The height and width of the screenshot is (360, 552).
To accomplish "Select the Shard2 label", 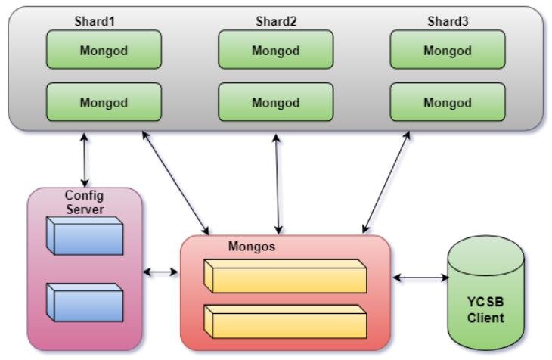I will click(x=275, y=21).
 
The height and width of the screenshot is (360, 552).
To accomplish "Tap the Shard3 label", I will click(x=448, y=21).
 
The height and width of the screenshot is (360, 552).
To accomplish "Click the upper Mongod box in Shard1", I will click(x=104, y=51).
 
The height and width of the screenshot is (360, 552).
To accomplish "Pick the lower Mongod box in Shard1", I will click(x=104, y=103).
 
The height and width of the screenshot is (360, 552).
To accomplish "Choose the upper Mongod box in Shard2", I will click(x=275, y=51).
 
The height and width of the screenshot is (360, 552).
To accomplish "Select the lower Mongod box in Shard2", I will click(x=275, y=103).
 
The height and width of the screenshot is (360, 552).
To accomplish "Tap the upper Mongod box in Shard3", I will click(x=448, y=51).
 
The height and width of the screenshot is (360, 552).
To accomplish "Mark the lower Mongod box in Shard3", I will click(x=448, y=103).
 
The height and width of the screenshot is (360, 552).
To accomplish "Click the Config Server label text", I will click(x=84, y=202).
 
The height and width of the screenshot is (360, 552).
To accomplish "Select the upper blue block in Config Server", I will click(x=84, y=235).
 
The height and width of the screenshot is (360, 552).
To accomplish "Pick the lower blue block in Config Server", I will click(x=84, y=302).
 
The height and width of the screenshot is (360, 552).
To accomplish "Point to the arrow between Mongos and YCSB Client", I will click(x=420, y=278).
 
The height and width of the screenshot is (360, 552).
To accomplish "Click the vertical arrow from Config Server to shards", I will click(x=82, y=160).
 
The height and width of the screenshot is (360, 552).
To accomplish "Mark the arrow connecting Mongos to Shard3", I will click(x=387, y=182).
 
